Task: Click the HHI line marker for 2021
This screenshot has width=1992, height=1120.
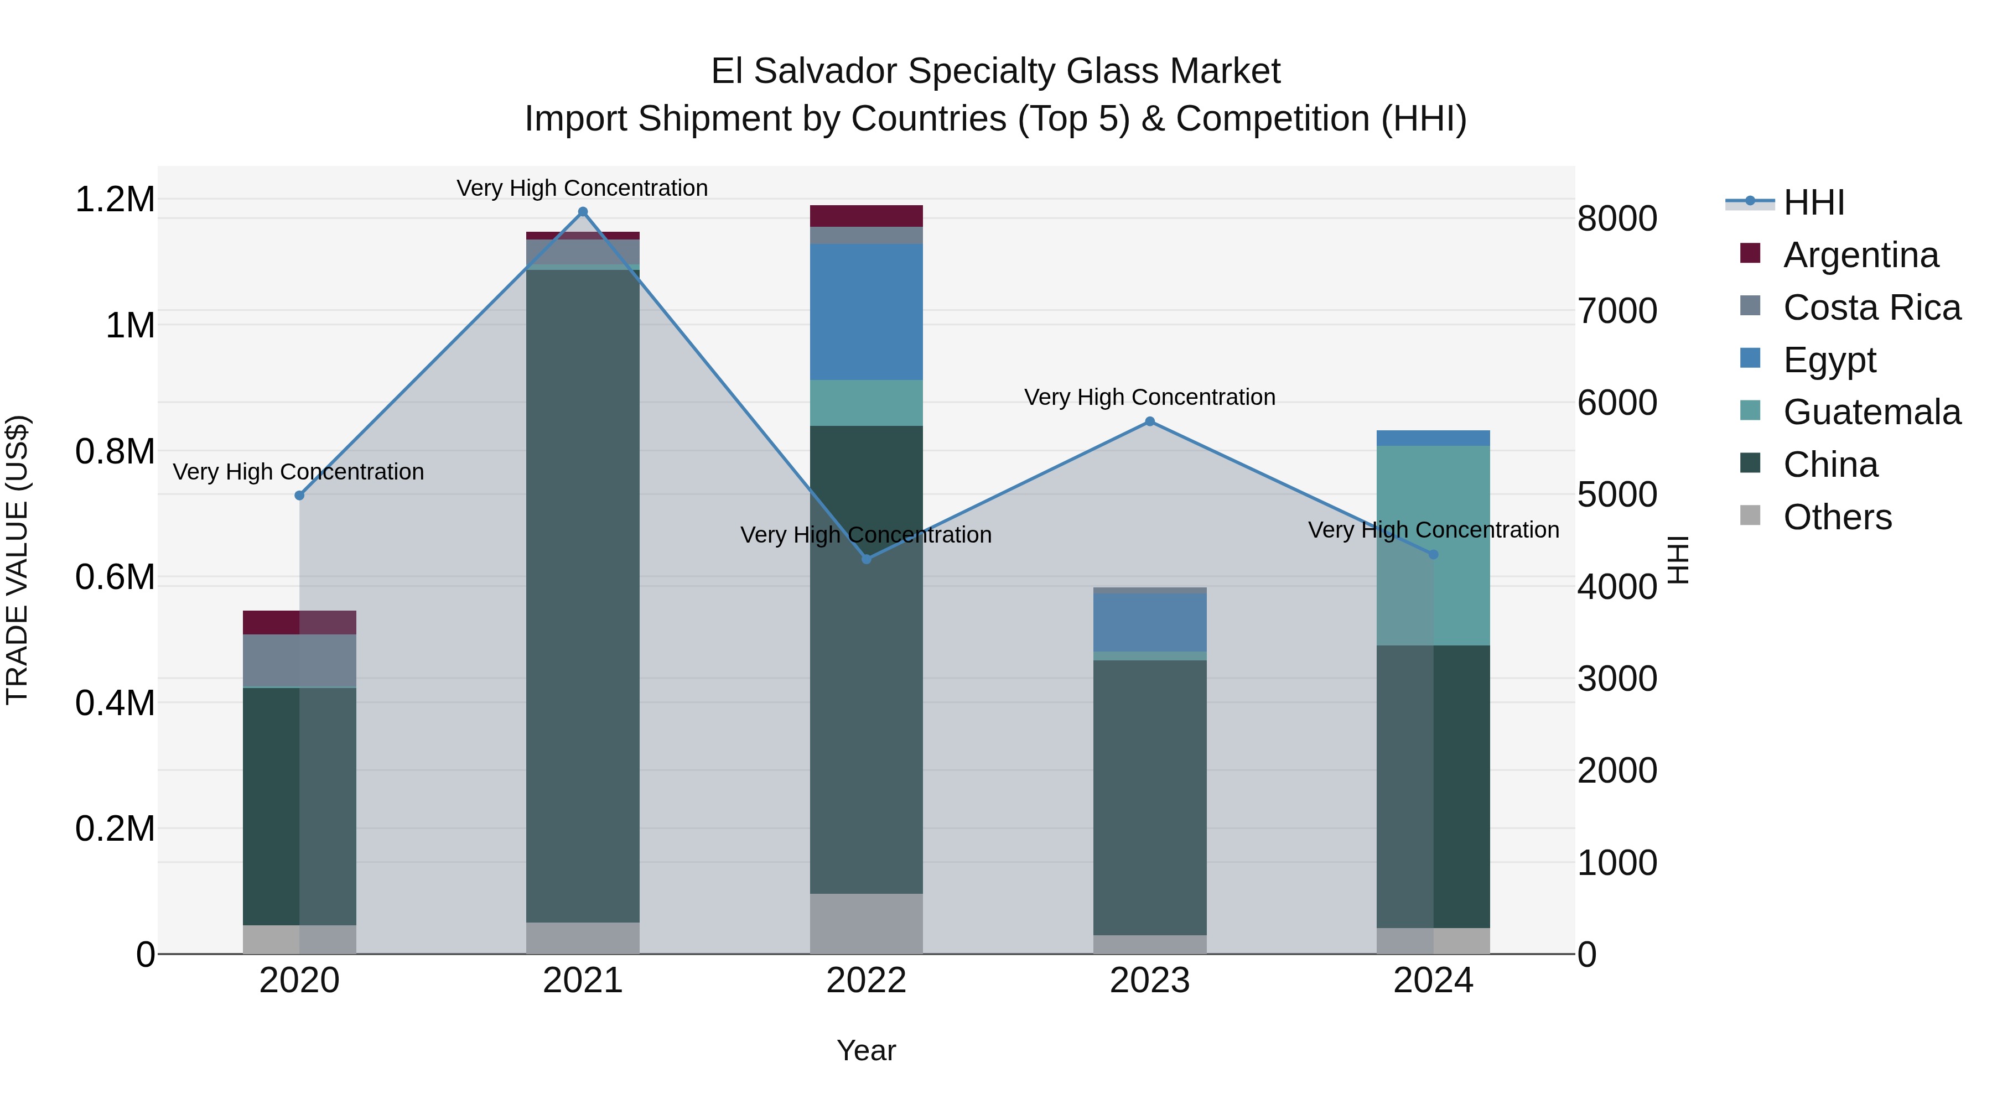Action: (x=583, y=212)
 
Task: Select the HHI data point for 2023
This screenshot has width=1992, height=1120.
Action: (x=1150, y=421)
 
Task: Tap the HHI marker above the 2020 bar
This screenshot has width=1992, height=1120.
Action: (x=300, y=496)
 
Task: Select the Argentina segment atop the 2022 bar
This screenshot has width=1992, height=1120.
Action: (x=866, y=216)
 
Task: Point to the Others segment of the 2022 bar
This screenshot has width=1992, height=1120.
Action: (x=866, y=923)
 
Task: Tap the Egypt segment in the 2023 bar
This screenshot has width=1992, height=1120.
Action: (x=1150, y=622)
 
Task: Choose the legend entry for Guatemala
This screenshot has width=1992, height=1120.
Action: (x=1871, y=412)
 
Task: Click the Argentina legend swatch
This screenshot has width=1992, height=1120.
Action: (x=1750, y=253)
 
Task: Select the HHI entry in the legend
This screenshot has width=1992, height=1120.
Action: (x=1813, y=202)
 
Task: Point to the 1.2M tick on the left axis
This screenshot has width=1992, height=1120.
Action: (x=115, y=200)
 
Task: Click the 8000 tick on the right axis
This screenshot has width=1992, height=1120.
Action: (x=1617, y=218)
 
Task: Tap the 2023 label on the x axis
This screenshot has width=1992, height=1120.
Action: (x=1150, y=981)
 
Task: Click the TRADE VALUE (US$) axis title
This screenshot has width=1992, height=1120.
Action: (x=17, y=560)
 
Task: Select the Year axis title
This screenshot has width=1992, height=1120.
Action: (x=866, y=1050)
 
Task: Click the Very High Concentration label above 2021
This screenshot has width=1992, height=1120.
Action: (x=582, y=188)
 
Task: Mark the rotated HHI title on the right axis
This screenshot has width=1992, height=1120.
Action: (x=1678, y=560)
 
